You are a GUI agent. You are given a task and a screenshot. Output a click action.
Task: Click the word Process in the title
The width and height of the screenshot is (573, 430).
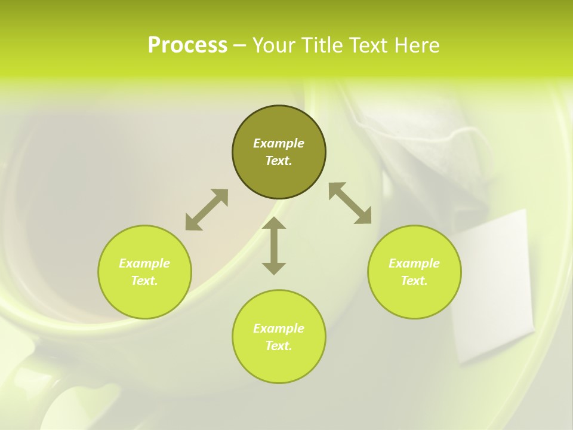click(187, 45)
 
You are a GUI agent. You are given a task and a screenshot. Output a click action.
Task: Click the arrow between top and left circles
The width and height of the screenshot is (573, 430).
click(207, 210)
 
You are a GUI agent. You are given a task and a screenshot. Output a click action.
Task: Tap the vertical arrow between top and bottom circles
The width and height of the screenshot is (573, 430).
click(274, 245)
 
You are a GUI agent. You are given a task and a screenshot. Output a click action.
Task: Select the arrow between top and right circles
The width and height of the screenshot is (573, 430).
click(350, 204)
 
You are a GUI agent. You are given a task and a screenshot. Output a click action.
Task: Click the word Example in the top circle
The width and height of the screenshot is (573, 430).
click(279, 143)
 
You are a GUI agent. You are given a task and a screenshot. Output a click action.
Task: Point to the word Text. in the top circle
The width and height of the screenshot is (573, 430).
click(279, 161)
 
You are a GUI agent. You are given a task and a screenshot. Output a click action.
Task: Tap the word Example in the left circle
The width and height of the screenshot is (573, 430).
click(144, 263)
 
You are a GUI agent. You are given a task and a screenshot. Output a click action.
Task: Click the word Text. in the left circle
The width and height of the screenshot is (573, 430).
click(144, 281)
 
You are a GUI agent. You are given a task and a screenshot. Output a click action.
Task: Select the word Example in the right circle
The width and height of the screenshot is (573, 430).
click(414, 263)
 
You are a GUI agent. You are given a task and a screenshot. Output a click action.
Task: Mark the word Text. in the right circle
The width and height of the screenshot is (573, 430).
click(414, 281)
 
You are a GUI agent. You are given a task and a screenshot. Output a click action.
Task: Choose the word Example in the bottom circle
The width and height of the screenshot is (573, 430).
click(279, 328)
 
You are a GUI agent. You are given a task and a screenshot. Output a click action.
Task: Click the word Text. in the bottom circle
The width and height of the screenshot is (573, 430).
click(279, 346)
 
